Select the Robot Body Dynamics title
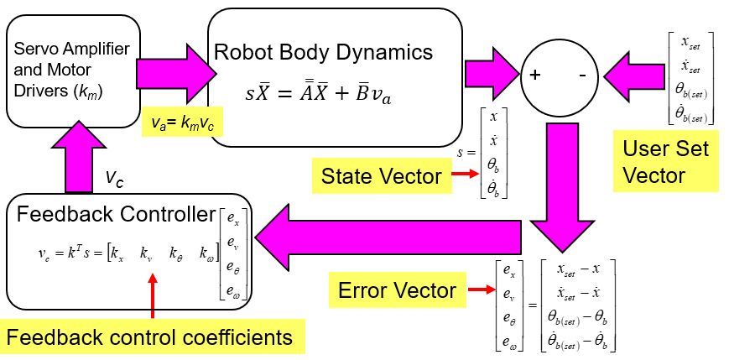pos(324,52)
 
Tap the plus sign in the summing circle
pos(534,75)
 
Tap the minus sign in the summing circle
pos(581,75)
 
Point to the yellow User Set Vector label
pos(665,162)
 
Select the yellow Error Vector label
pos(395,290)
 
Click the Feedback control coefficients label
pos(150,337)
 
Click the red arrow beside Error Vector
pos(476,290)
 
